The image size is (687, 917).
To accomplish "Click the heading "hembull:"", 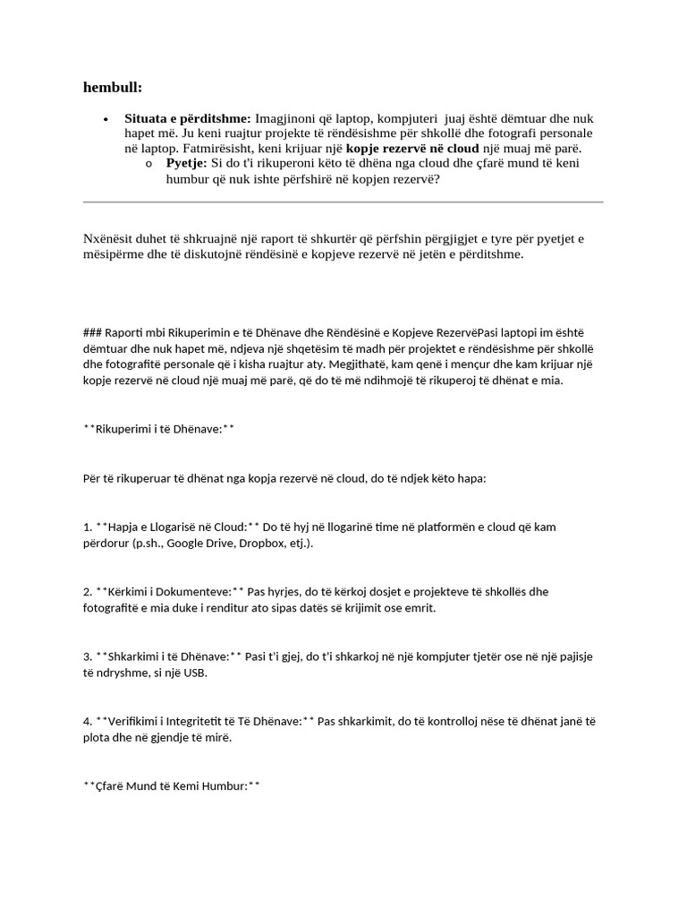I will (x=113, y=87).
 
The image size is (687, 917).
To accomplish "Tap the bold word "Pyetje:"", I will (x=187, y=163).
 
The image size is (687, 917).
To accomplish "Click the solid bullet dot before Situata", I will (x=106, y=119).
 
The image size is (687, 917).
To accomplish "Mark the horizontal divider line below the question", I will (x=343, y=202).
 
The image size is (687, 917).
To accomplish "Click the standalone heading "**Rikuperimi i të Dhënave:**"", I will (x=158, y=429).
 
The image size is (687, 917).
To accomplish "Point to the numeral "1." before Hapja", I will (x=88, y=527).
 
